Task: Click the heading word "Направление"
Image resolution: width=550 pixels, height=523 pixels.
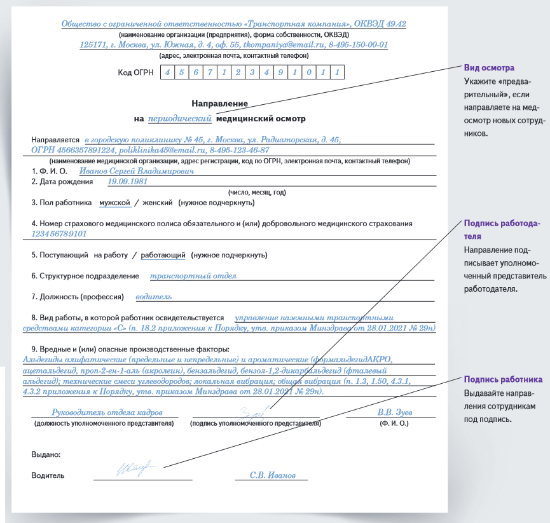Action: pyautogui.click(x=219, y=103)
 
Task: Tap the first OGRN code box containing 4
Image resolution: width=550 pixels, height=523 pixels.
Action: pyautogui.click(x=167, y=72)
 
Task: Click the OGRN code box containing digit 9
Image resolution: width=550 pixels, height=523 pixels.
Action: pyautogui.click(x=280, y=72)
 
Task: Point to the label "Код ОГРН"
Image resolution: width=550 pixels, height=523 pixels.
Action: pyautogui.click(x=136, y=72)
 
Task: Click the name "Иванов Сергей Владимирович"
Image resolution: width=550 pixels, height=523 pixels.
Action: pyautogui.click(x=136, y=170)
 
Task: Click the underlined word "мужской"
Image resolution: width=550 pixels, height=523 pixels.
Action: pyautogui.click(x=114, y=203)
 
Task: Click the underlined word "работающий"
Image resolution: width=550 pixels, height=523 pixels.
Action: pyautogui.click(x=163, y=255)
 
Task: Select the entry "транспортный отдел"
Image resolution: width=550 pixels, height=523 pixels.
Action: pyautogui.click(x=193, y=276)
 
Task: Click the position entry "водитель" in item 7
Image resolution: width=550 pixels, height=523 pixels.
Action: pyautogui.click(x=154, y=297)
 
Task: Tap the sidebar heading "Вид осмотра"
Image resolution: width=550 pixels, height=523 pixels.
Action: pyautogui.click(x=489, y=68)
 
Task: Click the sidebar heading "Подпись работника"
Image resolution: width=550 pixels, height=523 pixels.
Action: pyautogui.click(x=502, y=379)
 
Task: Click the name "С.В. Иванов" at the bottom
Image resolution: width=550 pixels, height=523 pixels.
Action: pyautogui.click(x=273, y=475)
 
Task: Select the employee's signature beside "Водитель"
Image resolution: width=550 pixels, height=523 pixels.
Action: pyautogui.click(x=135, y=470)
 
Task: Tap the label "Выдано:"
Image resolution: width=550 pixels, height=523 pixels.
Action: pyautogui.click(x=46, y=454)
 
